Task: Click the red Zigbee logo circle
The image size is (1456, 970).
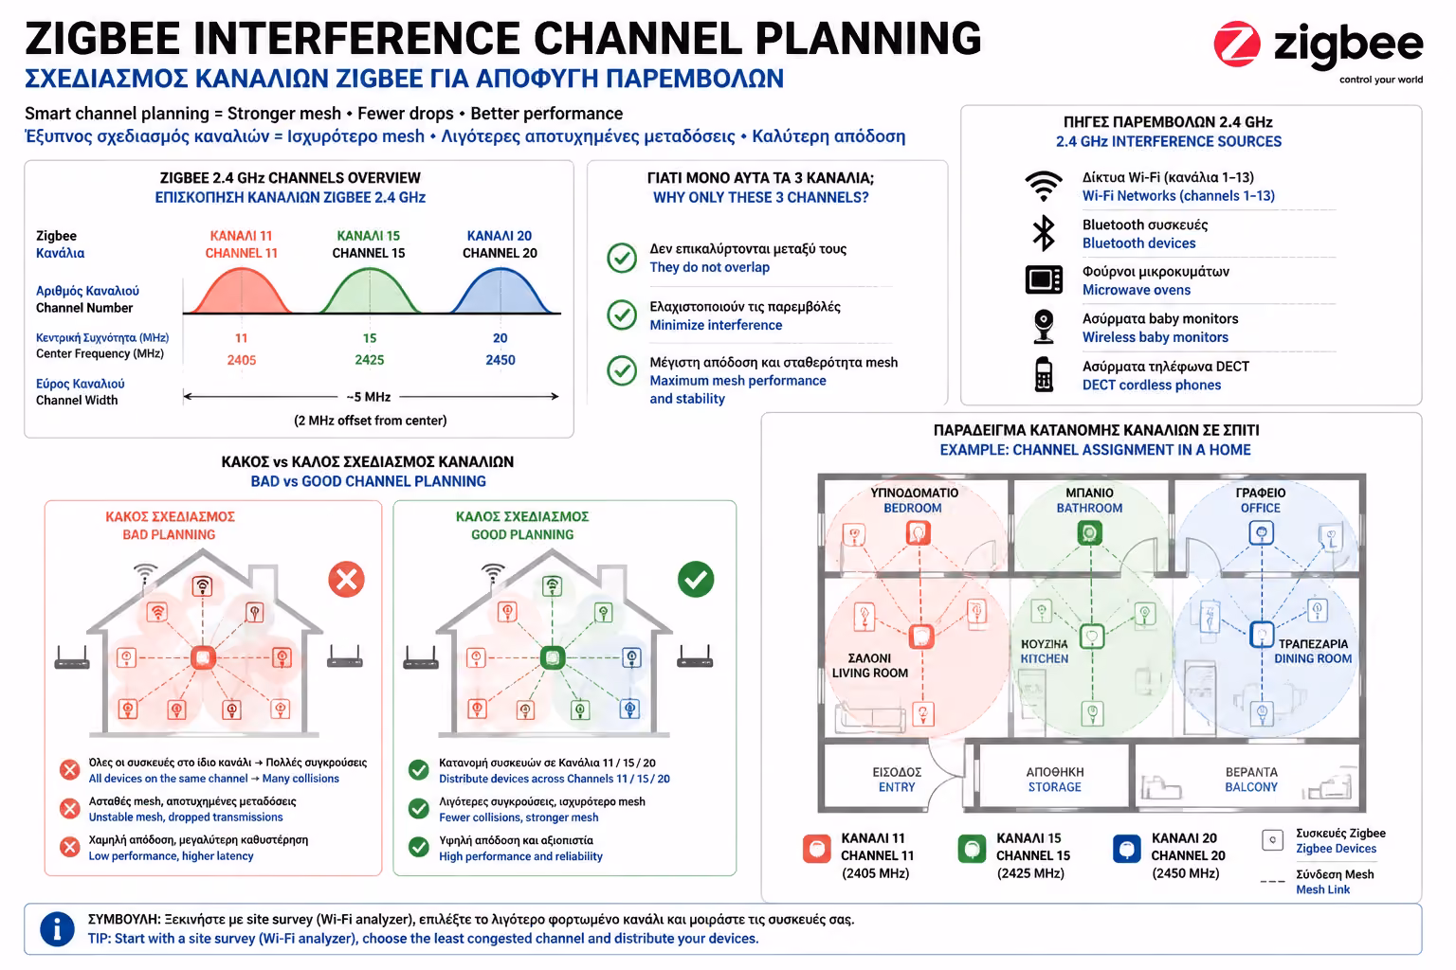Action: tap(1236, 45)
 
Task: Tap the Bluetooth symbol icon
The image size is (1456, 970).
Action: tap(1044, 233)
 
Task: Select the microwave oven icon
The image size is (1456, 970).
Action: tap(1044, 280)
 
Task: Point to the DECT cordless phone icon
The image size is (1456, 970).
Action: tap(1044, 374)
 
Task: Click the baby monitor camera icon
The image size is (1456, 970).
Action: tap(1044, 326)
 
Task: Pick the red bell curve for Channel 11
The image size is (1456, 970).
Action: tap(241, 291)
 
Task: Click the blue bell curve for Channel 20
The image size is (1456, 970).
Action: tap(501, 291)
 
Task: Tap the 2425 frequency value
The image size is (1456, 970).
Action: tap(369, 360)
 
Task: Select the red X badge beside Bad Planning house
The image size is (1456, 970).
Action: tap(346, 579)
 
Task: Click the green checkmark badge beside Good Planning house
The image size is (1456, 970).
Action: tap(696, 579)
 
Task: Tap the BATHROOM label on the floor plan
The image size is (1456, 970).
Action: tap(1089, 508)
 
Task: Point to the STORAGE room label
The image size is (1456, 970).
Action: tap(1054, 787)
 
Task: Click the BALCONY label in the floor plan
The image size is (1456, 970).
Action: tap(1251, 787)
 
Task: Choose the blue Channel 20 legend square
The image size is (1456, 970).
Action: tap(1126, 849)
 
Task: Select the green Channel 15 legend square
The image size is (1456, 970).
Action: tap(972, 849)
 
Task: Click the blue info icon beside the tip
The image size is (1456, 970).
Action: tap(57, 929)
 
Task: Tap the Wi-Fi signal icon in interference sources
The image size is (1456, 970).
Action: tap(1044, 187)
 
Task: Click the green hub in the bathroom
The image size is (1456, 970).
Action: tap(1089, 533)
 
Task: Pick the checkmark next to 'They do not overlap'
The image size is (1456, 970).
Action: tap(622, 258)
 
